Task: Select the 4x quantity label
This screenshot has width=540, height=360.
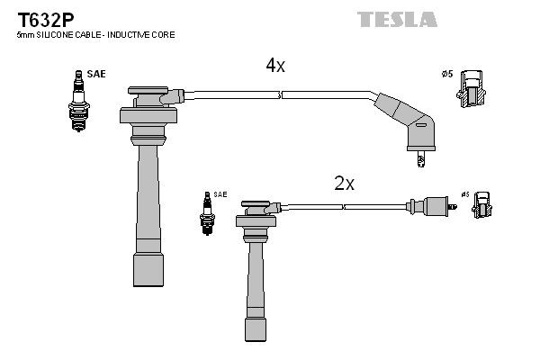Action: click(274, 66)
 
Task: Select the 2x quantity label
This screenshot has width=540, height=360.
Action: click(344, 184)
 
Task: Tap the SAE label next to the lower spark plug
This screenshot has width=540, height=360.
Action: click(220, 194)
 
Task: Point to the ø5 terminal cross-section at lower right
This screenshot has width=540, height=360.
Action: click(481, 208)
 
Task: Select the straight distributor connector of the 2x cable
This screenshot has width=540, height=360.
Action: click(427, 206)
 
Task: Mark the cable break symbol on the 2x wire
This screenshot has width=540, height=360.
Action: click(342, 207)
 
